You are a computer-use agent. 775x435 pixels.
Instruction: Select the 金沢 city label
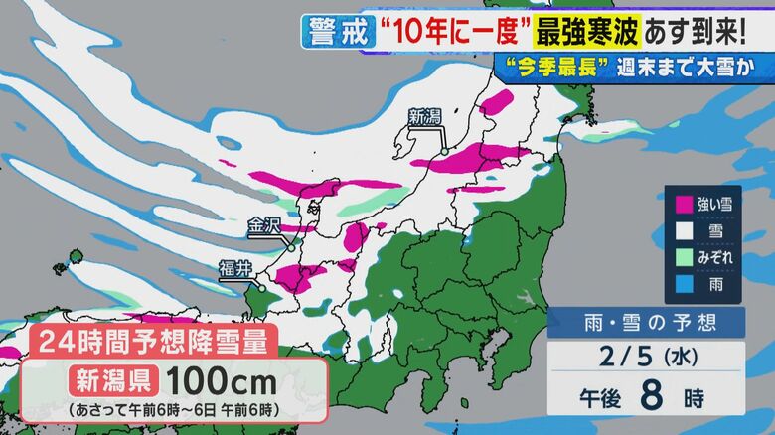pos(264,226)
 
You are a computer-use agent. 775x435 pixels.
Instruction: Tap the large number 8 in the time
pos(651,395)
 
